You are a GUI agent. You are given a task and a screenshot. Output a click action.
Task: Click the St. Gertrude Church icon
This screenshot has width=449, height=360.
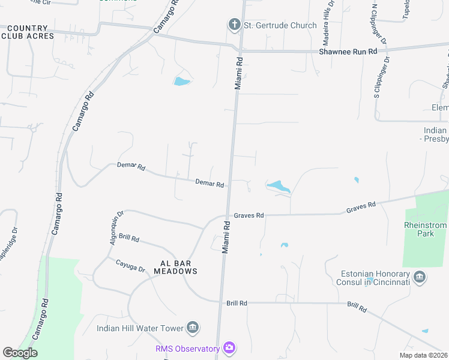click(234, 25)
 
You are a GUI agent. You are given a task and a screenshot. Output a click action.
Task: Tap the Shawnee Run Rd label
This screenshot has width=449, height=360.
click(348, 52)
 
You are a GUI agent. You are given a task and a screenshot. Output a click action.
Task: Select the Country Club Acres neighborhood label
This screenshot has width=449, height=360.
click(28, 32)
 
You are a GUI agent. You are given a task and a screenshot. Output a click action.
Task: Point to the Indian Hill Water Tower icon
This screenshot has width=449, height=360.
click(193, 328)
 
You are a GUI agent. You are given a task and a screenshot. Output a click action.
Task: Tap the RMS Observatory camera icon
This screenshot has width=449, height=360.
click(228, 348)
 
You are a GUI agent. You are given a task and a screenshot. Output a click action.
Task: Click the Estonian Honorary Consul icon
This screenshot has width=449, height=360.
click(420, 277)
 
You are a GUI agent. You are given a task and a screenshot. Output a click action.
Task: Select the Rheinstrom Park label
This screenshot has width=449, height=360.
click(426, 229)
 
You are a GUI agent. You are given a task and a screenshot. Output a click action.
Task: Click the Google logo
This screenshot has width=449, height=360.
click(20, 352)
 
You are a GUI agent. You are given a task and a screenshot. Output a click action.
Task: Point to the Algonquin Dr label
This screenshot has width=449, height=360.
click(116, 222)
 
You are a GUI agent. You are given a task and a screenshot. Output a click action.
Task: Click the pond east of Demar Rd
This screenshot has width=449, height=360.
click(278, 187)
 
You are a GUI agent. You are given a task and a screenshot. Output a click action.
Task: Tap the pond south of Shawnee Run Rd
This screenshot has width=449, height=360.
click(181, 81)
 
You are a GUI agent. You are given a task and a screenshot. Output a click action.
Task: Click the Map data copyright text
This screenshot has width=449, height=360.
click(424, 355)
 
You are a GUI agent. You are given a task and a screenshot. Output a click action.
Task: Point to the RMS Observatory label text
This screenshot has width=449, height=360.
click(188, 348)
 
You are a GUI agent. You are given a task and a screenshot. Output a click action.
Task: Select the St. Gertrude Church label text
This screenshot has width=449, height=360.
click(280, 25)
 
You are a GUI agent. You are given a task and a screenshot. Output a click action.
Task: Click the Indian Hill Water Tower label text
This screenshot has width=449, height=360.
click(140, 328)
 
